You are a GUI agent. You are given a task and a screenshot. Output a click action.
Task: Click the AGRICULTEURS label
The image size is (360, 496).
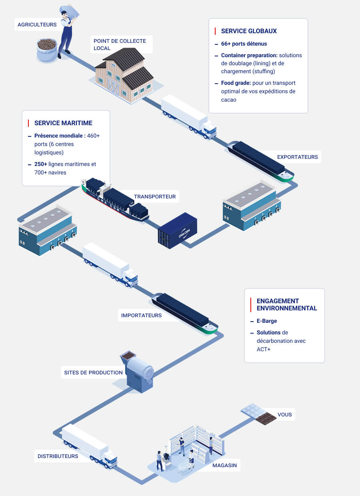[x=37, y=24]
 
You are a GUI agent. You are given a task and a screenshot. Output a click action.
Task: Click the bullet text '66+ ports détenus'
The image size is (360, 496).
[x=244, y=44]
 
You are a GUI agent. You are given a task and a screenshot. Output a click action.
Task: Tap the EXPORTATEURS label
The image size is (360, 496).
[x=297, y=157]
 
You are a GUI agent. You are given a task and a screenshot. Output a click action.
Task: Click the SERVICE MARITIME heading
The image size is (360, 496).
[x=63, y=123]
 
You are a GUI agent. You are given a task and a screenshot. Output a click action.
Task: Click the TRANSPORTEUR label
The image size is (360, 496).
[x=154, y=196]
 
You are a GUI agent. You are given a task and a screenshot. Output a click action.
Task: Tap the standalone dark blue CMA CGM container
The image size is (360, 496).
[x=178, y=230]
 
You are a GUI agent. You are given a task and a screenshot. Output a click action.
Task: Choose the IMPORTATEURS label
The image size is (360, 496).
[x=141, y=315]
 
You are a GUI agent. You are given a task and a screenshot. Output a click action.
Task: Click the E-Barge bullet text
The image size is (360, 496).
[x=266, y=321]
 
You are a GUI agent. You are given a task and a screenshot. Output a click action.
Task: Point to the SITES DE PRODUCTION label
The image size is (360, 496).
[x=93, y=372]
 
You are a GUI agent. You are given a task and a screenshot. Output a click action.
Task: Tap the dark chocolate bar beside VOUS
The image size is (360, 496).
[x=266, y=418]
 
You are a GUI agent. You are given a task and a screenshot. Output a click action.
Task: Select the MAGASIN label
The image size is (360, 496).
[x=224, y=465]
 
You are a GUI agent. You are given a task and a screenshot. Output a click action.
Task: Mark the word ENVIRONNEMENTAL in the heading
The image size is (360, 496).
[x=286, y=308]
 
